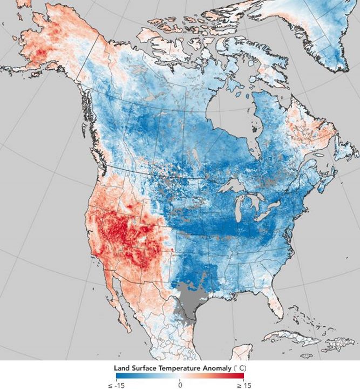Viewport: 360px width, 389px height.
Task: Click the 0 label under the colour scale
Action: click(x=180, y=384)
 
